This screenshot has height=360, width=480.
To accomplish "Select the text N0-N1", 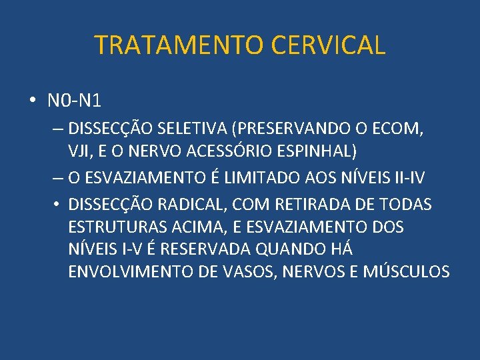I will (74, 101).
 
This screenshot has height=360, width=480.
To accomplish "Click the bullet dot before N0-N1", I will (33, 101).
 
